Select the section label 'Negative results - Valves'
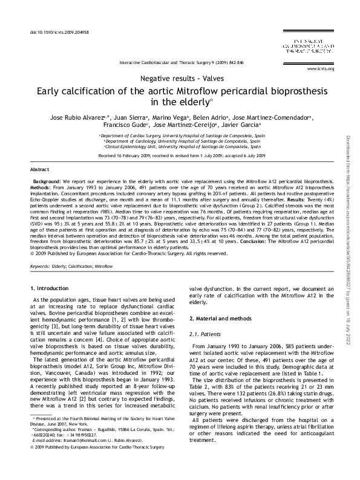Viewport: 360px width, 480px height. click(180, 80)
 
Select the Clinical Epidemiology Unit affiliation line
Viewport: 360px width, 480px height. click(180, 147)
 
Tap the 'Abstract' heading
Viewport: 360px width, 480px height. click(39, 170)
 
